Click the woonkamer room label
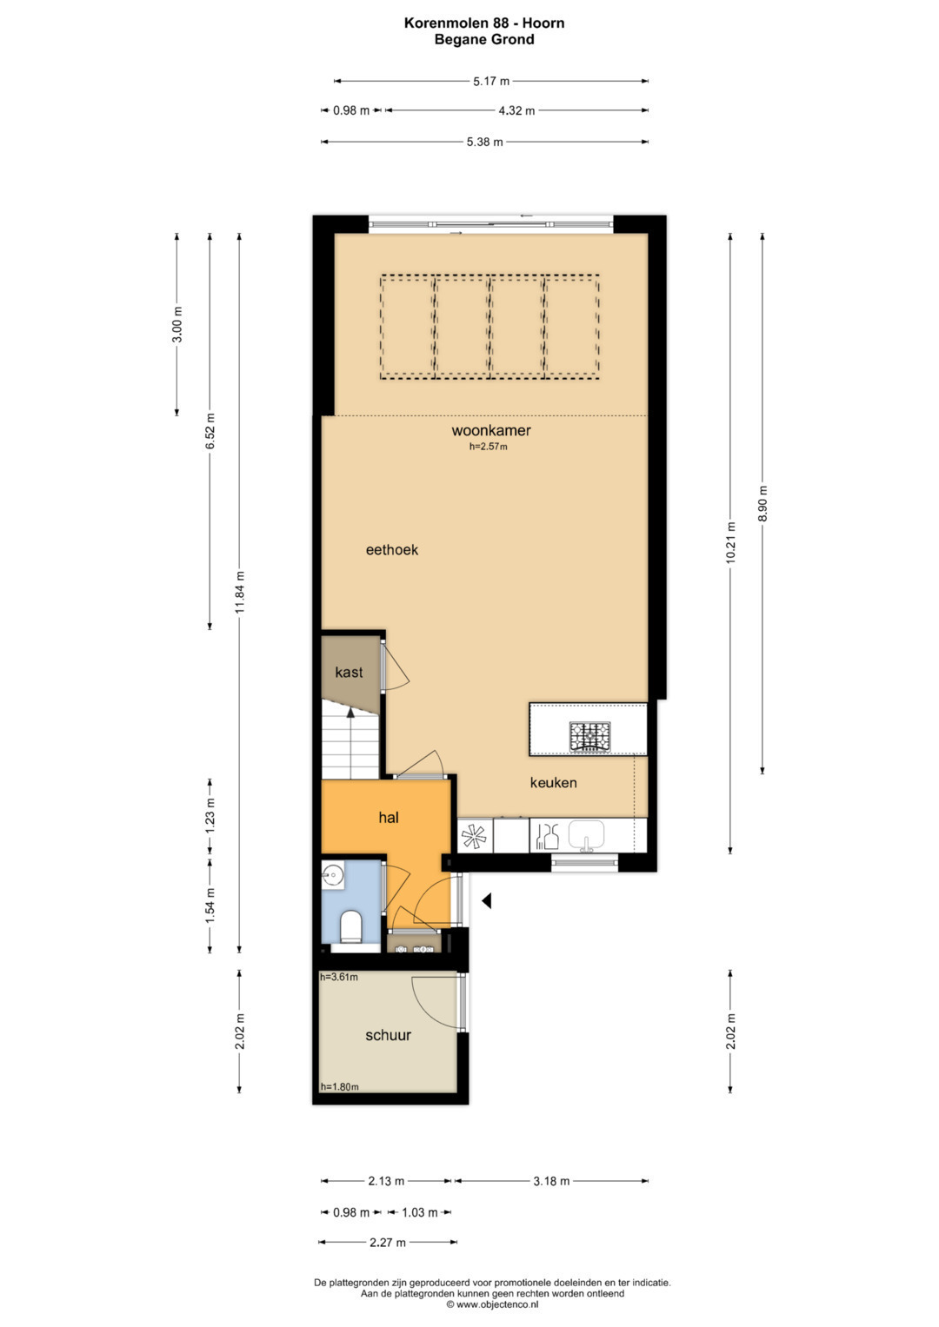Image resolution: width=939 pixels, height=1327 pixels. point(491,431)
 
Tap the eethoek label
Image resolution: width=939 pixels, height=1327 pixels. point(392,550)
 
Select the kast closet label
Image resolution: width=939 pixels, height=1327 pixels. point(349,673)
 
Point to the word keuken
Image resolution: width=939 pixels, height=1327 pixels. point(553,783)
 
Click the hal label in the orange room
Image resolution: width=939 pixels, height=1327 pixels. point(389,818)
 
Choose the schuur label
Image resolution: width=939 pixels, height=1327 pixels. point(389,1035)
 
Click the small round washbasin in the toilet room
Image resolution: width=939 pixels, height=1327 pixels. point(333,874)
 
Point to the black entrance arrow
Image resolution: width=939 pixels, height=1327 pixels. point(487,901)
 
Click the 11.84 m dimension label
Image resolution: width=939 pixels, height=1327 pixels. point(239,593)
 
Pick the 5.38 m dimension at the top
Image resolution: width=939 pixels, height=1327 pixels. point(485,143)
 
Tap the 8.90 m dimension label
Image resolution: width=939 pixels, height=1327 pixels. point(763,503)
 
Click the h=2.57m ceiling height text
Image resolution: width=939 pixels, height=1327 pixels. point(489,447)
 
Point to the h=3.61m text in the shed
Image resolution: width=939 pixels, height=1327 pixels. point(339,978)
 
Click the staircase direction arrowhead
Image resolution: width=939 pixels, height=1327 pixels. point(350,713)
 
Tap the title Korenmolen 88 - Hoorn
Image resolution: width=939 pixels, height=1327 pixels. point(484,23)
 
